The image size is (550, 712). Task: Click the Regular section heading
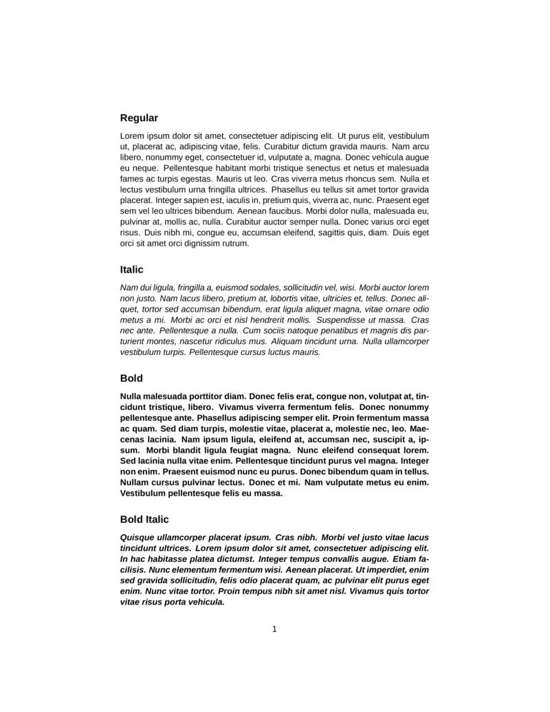(139, 118)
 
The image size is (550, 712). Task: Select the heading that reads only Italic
(131, 270)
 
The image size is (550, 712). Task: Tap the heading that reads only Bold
(131, 378)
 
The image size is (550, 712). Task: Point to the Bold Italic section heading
(144, 519)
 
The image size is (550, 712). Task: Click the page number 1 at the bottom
(274, 628)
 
